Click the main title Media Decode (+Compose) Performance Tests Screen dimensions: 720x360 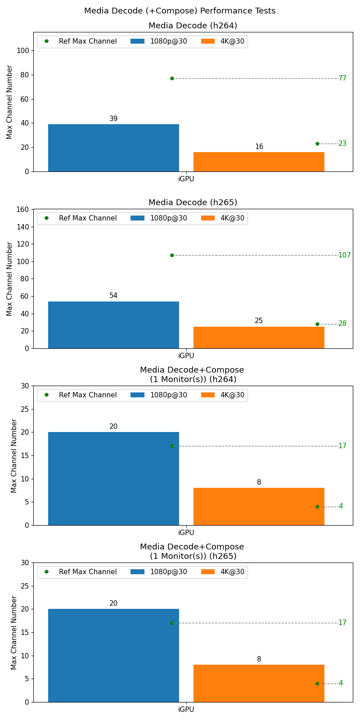point(180,11)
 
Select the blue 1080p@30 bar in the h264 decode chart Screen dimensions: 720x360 point(113,148)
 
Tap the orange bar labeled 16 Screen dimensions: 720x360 point(259,162)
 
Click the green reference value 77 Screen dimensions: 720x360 point(342,78)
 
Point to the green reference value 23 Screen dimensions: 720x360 point(342,144)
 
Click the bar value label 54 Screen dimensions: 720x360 point(113,296)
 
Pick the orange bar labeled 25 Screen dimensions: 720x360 point(259,337)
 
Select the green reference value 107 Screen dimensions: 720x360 point(344,255)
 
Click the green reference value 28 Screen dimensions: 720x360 point(342,324)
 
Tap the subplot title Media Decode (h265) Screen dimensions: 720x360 point(193,202)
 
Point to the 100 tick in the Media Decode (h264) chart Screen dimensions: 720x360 point(23,51)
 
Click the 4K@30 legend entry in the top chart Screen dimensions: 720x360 point(222,41)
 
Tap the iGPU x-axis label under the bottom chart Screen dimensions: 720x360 point(186,710)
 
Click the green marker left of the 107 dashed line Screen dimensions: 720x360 point(172,255)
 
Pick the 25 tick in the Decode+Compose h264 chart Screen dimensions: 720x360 point(25,409)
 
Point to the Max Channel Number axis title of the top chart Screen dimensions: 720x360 point(9,102)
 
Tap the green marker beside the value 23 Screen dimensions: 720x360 point(317,144)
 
